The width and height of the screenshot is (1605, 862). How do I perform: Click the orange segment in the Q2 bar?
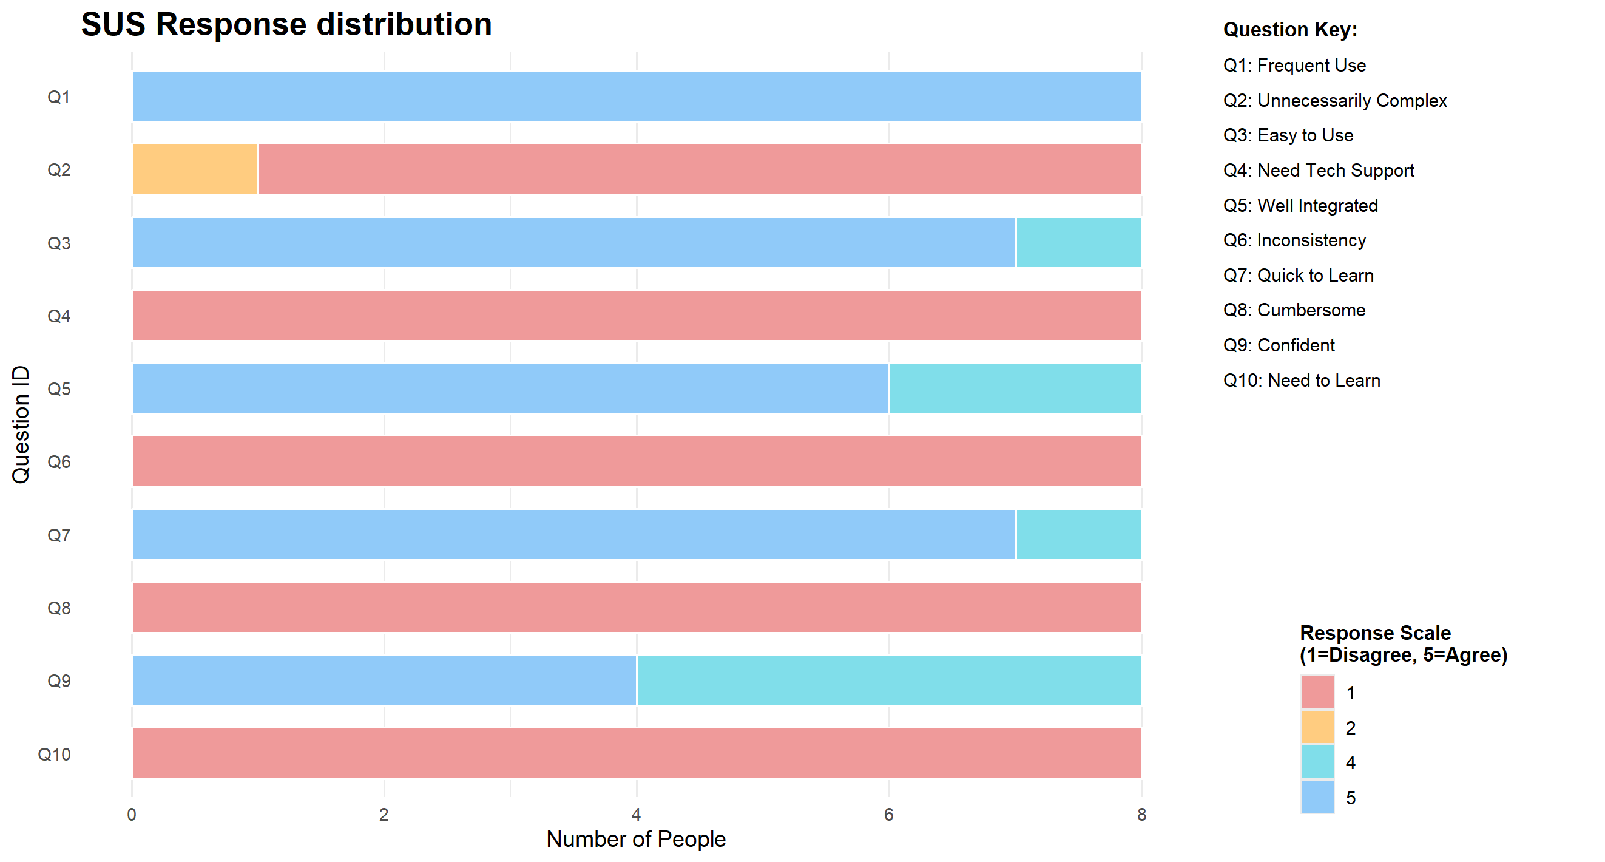[x=195, y=169]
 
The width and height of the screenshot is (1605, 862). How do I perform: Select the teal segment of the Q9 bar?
[x=889, y=680]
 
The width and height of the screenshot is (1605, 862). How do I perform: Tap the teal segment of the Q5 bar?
[x=1015, y=389]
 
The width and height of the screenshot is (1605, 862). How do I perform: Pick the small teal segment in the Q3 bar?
[x=1078, y=242]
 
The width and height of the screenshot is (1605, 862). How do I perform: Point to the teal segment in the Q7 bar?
[x=1078, y=535]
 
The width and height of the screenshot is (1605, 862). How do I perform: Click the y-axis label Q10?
[x=54, y=754]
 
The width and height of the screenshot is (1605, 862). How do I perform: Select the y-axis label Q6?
[x=59, y=462]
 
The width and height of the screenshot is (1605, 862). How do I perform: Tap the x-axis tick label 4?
[x=636, y=815]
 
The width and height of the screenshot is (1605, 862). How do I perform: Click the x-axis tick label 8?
[x=1141, y=815]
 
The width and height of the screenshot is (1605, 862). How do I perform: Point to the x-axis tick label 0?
[x=132, y=815]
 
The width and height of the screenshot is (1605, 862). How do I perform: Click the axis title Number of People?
[x=635, y=840]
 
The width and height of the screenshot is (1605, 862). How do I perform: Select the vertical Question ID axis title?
[x=21, y=424]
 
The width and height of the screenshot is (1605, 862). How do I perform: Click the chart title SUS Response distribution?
[x=286, y=25]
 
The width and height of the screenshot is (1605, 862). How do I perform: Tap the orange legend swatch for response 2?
[x=1317, y=727]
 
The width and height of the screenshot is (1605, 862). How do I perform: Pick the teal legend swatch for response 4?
[x=1317, y=762]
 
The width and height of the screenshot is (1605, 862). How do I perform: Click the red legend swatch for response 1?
[x=1317, y=693]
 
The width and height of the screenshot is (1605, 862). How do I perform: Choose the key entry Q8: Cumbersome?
[x=1294, y=310]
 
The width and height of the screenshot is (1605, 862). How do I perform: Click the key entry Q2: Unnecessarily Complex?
[x=1334, y=100]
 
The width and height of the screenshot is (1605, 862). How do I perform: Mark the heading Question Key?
[x=1289, y=29]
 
